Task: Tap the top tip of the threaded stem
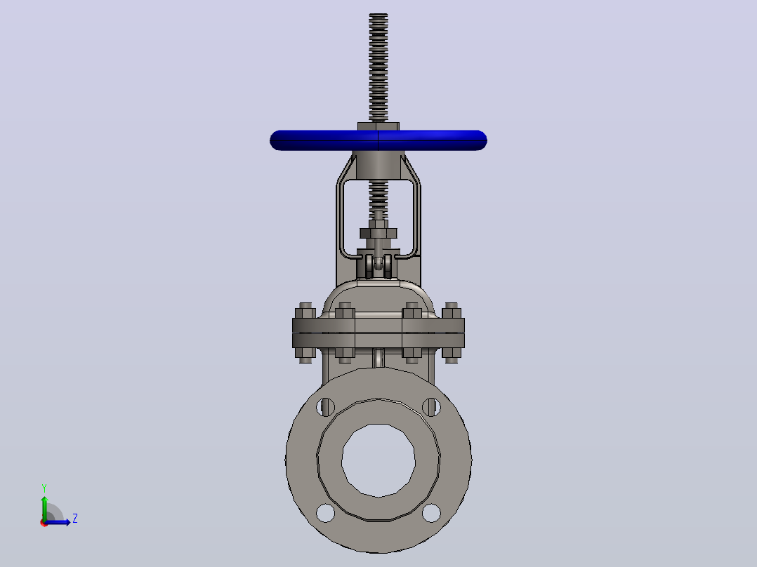pos(378,14)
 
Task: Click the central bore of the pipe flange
pos(378,460)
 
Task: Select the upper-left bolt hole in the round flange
pos(325,407)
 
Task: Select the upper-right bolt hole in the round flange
pos(432,407)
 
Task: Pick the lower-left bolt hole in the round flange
pos(325,513)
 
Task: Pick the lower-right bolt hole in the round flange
pos(432,513)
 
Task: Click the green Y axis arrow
pos(44,508)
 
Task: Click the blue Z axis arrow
pos(58,522)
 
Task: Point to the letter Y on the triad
pos(44,488)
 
